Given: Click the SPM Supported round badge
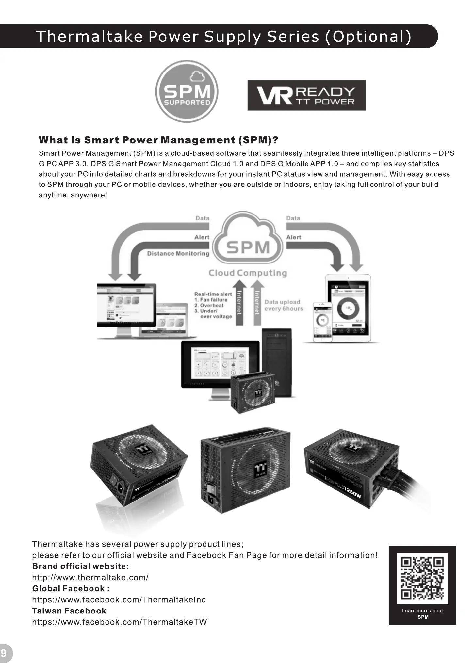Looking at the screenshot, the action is (187, 91).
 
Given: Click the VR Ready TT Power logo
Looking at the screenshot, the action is (306, 95).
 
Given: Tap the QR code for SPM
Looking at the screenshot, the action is (422, 578).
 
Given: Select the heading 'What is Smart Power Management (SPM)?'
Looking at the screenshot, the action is (158, 140).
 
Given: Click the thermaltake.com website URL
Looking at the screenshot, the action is (90, 577).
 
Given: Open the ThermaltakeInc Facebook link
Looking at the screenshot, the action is (119, 599).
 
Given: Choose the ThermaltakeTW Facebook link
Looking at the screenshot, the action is (120, 622).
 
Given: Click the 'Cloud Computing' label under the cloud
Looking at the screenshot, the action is (248, 273).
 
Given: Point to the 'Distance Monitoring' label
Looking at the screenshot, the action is (178, 253).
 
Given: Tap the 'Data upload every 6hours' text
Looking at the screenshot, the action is (284, 305).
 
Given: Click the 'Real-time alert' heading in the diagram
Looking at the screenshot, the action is (213, 294).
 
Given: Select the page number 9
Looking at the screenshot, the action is (4, 653).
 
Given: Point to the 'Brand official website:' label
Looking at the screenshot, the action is (80, 566).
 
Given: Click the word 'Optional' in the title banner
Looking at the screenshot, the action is (368, 36).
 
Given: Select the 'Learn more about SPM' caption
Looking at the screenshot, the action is (422, 613).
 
